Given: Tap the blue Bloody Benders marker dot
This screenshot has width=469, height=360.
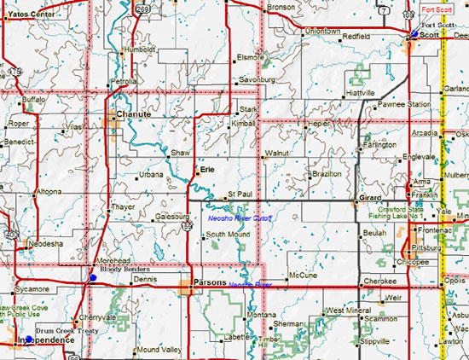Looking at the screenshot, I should tap(93, 277).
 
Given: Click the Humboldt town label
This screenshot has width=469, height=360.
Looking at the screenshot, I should tap(140, 49).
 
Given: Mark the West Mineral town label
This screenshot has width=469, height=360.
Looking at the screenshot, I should tap(346, 311).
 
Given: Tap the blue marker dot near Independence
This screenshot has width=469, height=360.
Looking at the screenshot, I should tap(28, 340).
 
